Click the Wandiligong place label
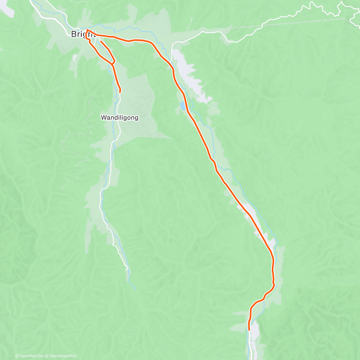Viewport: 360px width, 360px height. [119, 118]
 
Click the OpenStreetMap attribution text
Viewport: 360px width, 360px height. [63, 356]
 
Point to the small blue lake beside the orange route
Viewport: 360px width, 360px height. [182, 106]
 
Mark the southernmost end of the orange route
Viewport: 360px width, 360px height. [249, 330]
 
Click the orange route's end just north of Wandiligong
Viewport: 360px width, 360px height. [120, 92]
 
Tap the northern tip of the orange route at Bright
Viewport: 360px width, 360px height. [87, 30]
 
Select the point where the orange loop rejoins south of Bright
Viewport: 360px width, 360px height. [112, 64]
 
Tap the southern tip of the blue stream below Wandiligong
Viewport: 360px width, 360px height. [135, 289]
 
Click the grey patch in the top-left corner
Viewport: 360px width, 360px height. [7, 10]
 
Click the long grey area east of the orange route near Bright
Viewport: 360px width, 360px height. [189, 75]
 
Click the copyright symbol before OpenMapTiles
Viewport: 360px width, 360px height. [17, 356]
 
